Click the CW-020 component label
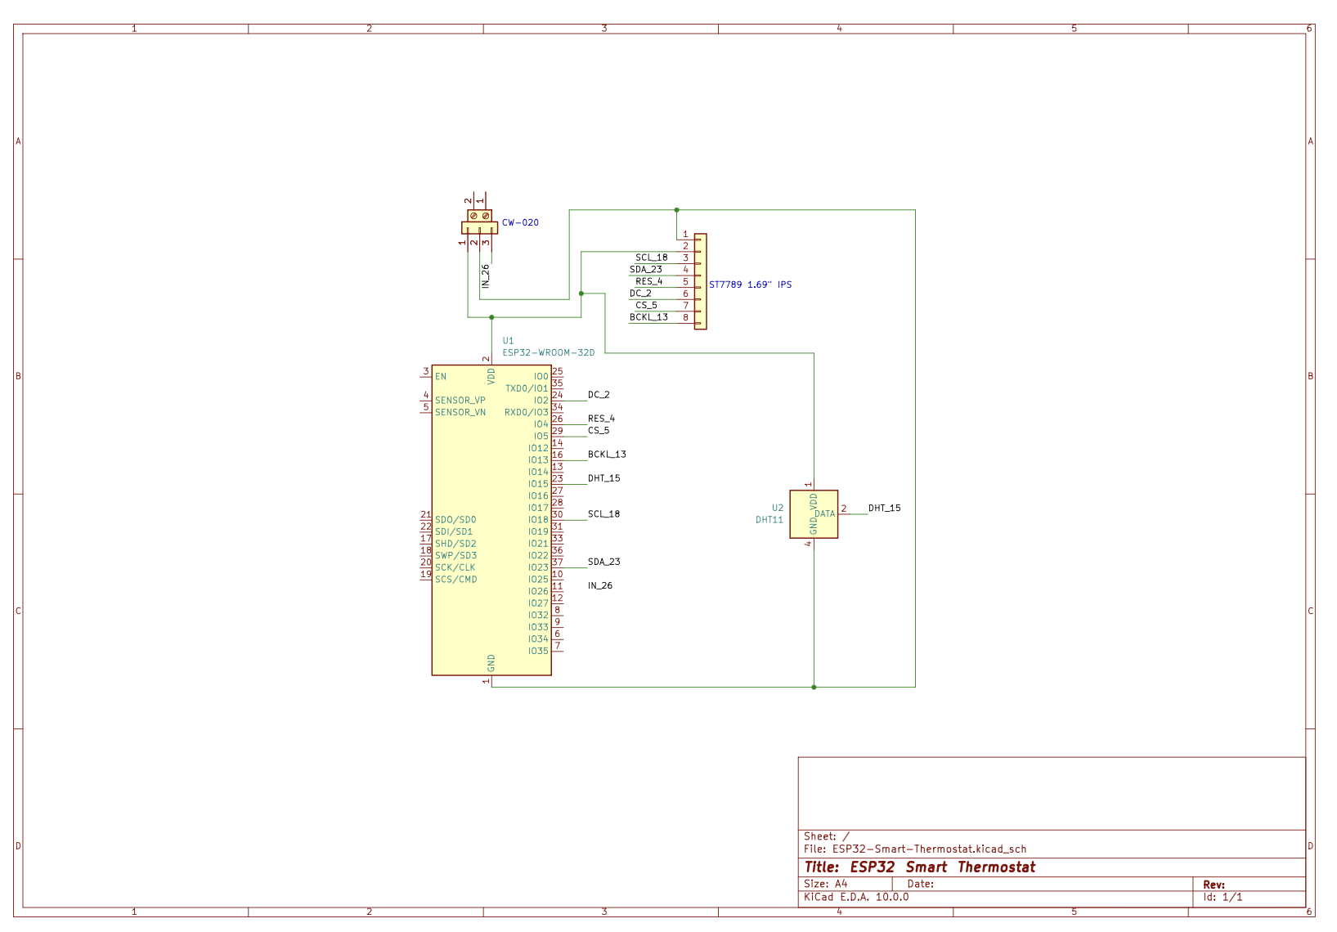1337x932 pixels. click(x=520, y=222)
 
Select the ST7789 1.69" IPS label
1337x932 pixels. click(x=750, y=285)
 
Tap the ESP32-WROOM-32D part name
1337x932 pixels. click(x=549, y=352)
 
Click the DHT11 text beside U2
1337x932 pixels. click(x=769, y=520)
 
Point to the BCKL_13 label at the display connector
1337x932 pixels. click(x=648, y=317)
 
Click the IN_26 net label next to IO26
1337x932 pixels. click(x=600, y=585)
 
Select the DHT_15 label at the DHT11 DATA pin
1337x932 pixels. click(x=885, y=508)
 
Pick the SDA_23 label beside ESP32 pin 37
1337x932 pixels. click(x=604, y=562)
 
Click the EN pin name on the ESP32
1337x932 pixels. click(x=441, y=377)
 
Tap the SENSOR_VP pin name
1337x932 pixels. click(x=460, y=401)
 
